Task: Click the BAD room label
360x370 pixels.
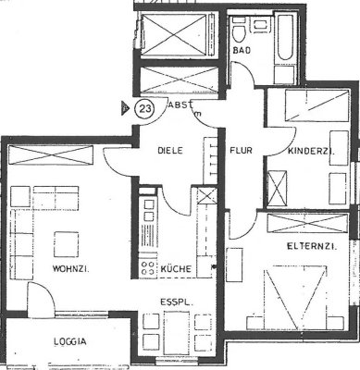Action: coord(243,49)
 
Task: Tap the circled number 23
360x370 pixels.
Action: coord(145,108)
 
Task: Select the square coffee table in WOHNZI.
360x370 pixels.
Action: coord(66,243)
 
